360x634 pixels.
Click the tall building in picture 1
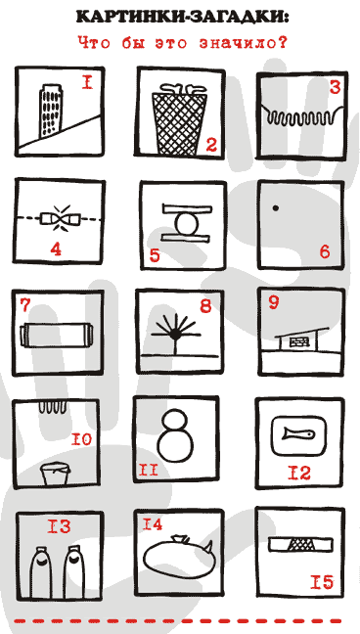click(51, 109)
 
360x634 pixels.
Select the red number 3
click(335, 87)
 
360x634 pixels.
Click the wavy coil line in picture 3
click(303, 116)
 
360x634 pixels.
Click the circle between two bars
click(187, 224)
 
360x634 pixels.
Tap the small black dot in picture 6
click(276, 208)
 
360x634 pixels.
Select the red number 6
click(325, 251)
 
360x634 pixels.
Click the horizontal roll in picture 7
click(56, 335)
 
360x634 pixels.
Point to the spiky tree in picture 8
click(175, 334)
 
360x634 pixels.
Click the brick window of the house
click(297, 341)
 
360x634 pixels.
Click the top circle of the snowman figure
click(176, 421)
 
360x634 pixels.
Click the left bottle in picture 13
click(42, 573)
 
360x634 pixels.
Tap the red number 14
click(152, 524)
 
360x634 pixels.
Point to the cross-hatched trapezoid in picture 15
click(300, 545)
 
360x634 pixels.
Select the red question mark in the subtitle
click(281, 43)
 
